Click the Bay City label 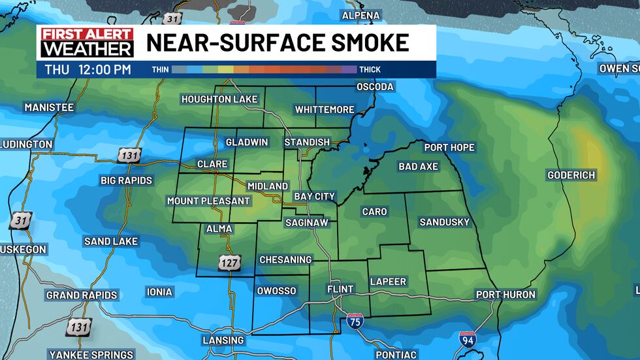(x=314, y=196)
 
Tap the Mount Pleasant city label (x=208, y=201)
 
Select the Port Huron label (x=505, y=295)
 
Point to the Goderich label (x=571, y=175)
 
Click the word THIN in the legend (x=160, y=69)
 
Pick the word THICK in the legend (x=369, y=69)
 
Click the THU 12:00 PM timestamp (x=88, y=69)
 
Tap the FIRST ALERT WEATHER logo (x=87, y=42)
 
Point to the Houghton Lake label (x=219, y=99)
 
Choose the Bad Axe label (x=418, y=167)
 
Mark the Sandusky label (x=444, y=222)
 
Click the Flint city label (x=340, y=289)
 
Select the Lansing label (x=223, y=340)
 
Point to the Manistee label (x=49, y=106)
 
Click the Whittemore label (x=325, y=110)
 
